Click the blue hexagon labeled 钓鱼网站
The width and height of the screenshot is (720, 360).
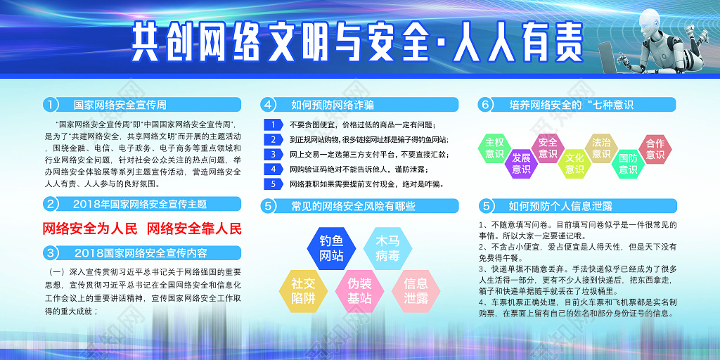331,246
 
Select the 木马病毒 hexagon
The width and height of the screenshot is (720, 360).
387,246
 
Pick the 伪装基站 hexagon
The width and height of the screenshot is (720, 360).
359,291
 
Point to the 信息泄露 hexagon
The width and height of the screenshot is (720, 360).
416,291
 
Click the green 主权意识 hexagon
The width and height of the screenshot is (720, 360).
494,148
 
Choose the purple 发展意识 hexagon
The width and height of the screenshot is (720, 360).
521,163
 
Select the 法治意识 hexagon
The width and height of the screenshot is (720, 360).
601,148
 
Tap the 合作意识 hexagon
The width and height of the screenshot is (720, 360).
655,148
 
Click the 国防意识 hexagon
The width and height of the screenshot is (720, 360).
628,163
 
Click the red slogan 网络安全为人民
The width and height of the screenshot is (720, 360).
90,229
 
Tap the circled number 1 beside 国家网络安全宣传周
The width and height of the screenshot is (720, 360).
50,105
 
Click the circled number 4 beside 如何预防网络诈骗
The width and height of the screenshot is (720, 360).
267,105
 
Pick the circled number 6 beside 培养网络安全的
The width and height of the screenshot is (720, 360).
485,105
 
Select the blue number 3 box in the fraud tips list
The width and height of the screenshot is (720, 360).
274,154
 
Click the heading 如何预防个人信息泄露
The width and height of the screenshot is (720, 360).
560,206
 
